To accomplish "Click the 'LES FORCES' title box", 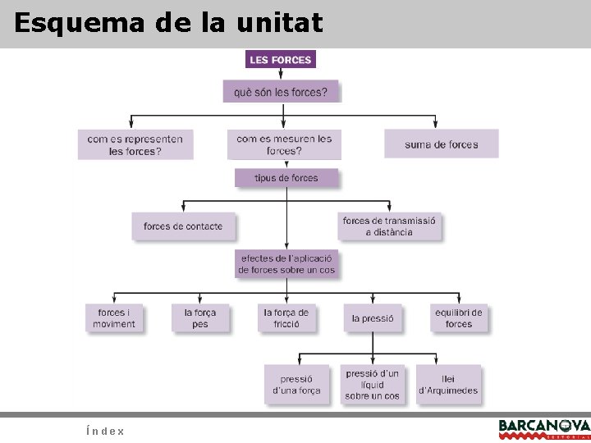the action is coord(280,60).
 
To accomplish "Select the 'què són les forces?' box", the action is coord(280,91).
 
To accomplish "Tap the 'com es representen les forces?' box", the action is coord(135,144).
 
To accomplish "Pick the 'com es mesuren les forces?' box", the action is coord(284,144).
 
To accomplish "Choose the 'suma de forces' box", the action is coord(441,144).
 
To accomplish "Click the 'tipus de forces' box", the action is coord(286,178).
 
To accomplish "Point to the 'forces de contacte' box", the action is coord(183,226).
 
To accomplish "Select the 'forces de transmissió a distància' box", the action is coord(389,226).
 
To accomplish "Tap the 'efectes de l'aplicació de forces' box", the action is coord(286,263).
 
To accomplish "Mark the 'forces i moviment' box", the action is coord(114,317).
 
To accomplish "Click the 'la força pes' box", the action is coord(200,317).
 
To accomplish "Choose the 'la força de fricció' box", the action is coord(286,317).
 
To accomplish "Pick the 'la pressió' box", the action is coord(373,317).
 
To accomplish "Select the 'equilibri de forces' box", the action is coord(459,317).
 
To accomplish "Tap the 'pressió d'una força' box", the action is coord(296,385).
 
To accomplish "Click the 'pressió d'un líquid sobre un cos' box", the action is coord(372,385).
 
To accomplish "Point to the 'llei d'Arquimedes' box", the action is coord(447,385).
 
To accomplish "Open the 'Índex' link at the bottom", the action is coord(104,431).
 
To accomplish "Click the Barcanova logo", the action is coord(543,427).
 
